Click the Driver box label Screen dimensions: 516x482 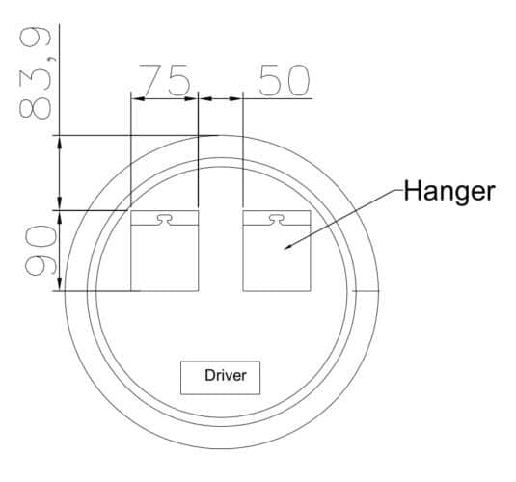226,375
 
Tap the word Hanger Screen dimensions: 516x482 449,191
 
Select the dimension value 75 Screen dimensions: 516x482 165,80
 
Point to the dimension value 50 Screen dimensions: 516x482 285,80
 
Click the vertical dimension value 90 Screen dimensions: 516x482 41,251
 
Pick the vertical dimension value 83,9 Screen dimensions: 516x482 36,73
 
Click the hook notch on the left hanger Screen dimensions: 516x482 164,220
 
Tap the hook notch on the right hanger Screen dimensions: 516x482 277,220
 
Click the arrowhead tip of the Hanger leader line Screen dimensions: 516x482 285,249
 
